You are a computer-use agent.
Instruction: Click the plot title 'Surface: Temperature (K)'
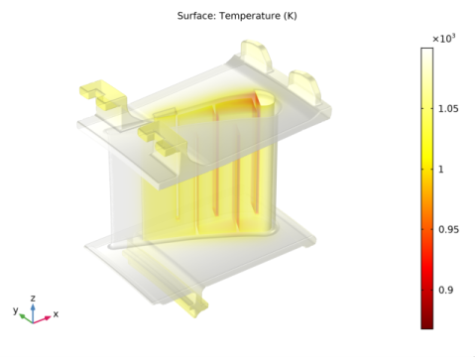[x=237, y=16]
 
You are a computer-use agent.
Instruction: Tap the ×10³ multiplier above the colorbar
[x=443, y=39]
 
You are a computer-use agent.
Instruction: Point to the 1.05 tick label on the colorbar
[x=448, y=109]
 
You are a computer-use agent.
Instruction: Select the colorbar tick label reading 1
[x=440, y=170]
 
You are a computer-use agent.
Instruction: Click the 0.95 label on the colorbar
[x=448, y=230]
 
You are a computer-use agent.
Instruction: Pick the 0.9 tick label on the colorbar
[x=445, y=291]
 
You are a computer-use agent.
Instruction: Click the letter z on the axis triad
[x=33, y=299]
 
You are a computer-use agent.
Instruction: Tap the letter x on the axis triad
[x=56, y=314]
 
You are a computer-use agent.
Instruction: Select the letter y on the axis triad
[x=15, y=310]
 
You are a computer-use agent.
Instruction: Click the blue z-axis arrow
[x=33, y=312]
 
